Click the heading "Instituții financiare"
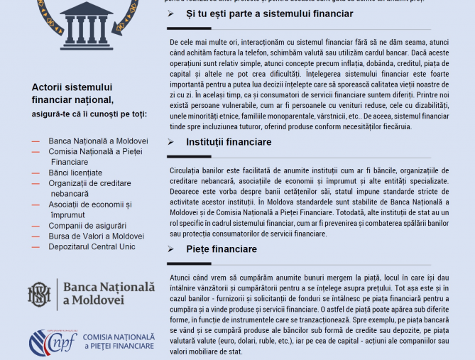click(x=229, y=143)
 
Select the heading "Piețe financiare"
click(x=222, y=249)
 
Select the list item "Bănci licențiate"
click(x=75, y=173)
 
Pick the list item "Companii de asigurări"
click(x=86, y=226)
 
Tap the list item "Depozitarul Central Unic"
click(x=92, y=247)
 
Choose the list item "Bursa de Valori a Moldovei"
click(x=96, y=236)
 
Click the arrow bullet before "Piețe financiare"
click(x=170, y=249)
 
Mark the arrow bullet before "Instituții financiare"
click(x=170, y=143)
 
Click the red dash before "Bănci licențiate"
click(x=36, y=173)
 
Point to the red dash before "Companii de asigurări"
click(x=36, y=226)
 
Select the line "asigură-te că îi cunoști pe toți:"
click(x=89, y=114)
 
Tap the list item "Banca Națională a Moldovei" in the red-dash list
click(x=98, y=141)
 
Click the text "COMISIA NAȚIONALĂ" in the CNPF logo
click(x=118, y=337)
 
